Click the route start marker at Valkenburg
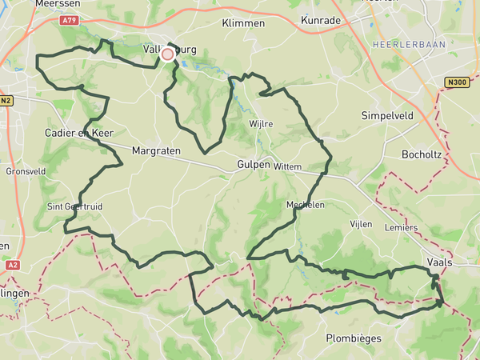[x=167, y=54]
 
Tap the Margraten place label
[x=158, y=150]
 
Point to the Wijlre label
[x=262, y=124]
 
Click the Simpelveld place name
[x=387, y=114]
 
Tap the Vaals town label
[x=441, y=262]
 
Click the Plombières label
[x=354, y=338]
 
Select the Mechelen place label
[x=305, y=205]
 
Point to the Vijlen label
[x=361, y=224]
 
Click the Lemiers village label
[x=401, y=228]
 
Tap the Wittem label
[x=286, y=166]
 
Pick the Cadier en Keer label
[x=79, y=132]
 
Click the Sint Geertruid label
[x=75, y=206]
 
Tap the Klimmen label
[x=243, y=23]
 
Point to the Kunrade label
[x=322, y=19]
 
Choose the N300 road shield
[x=457, y=82]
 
